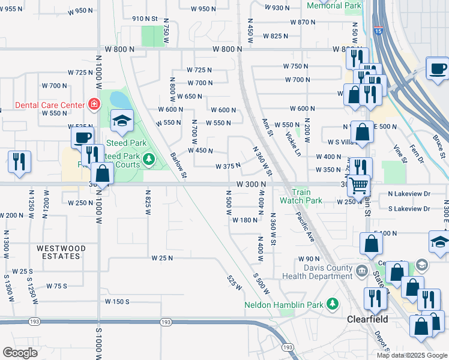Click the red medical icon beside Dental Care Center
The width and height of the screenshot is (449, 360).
coord(94,105)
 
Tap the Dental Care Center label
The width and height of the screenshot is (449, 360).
coord(41,105)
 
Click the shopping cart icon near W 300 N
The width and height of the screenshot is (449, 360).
coord(358,185)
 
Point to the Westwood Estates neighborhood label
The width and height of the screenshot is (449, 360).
coord(52,252)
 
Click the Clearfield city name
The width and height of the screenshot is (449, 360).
coord(367,319)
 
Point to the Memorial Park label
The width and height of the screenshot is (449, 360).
coord(334,5)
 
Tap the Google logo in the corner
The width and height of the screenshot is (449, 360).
coord(20,352)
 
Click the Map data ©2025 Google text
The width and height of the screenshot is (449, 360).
coord(411,355)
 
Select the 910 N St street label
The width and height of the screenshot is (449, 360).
coord(144,19)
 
